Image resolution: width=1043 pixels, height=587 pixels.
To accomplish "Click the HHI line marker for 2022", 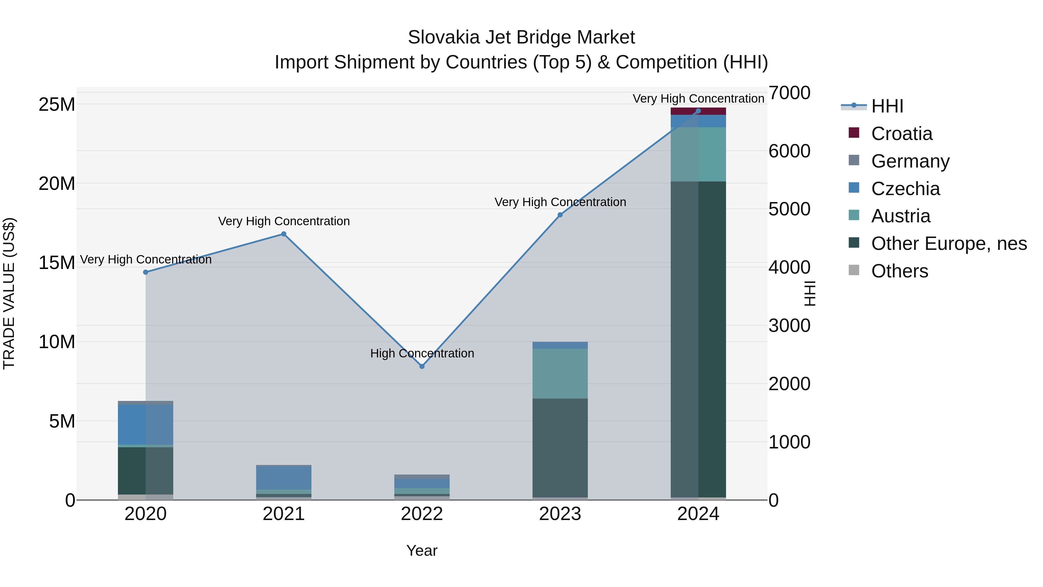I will pos(422,366).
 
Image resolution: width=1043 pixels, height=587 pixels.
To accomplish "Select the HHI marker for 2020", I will pos(146,272).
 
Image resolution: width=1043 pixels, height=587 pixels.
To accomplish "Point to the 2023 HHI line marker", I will pos(560,215).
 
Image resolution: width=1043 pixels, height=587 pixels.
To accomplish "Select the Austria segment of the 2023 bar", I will pos(560,374).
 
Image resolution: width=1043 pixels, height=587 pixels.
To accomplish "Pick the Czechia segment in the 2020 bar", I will pos(146,425).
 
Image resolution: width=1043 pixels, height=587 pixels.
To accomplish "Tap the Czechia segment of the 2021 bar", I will pos(284,478).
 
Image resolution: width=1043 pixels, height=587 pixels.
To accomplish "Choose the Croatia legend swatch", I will pos(854,133).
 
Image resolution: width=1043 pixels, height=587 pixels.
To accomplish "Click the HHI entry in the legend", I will pos(887,106).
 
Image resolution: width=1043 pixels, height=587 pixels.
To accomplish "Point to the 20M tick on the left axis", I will pos(57,183).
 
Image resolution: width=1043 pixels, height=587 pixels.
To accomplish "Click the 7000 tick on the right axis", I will pos(789,93).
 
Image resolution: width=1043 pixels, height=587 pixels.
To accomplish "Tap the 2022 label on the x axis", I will pos(422,514).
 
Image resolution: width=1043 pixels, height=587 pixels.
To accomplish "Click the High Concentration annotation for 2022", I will pos(422,353).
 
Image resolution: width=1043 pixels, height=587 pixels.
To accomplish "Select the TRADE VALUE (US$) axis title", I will pos(9,293).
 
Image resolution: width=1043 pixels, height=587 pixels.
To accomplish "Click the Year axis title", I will pos(422,550).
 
